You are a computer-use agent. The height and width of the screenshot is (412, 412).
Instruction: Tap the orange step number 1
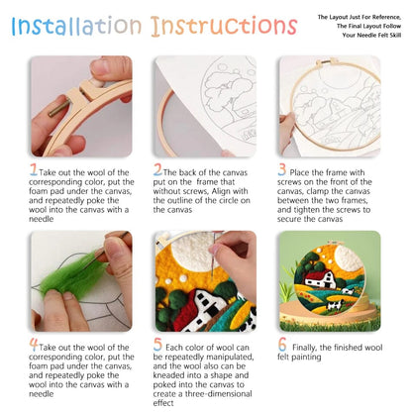coord(34,170)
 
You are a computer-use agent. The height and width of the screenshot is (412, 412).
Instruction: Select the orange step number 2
coord(158,170)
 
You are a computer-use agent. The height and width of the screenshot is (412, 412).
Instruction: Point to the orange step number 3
coord(282,170)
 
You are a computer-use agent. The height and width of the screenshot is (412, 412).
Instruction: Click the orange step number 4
coord(34,346)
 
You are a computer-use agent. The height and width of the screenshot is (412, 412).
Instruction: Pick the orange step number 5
coord(158,346)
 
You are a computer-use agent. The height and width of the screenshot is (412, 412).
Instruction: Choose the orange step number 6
coord(282,346)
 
